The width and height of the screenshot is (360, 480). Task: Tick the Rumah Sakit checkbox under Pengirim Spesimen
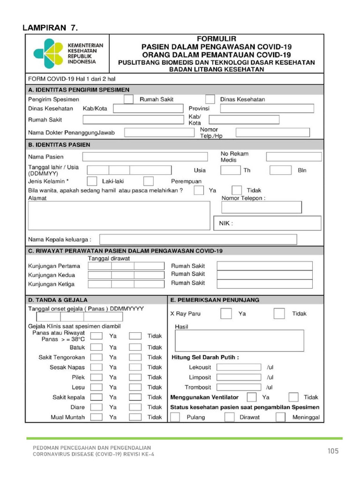click(x=128, y=99)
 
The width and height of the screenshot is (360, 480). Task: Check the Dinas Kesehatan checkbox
click(x=210, y=99)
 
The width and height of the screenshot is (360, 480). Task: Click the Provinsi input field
click(x=267, y=109)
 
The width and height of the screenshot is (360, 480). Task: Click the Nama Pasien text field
click(x=144, y=157)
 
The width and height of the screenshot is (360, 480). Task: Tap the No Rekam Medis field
click(x=294, y=157)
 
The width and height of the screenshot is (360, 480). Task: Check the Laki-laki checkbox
click(x=92, y=181)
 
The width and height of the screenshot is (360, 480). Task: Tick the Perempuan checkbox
click(x=149, y=181)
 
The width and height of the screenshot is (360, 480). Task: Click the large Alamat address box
click(x=119, y=216)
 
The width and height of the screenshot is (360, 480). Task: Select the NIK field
click(x=267, y=223)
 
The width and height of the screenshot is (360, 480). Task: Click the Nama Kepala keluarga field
click(x=198, y=240)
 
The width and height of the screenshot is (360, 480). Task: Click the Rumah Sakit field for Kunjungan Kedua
click(x=264, y=275)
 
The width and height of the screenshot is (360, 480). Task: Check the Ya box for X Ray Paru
click(x=226, y=314)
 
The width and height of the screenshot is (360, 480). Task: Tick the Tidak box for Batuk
click(x=135, y=347)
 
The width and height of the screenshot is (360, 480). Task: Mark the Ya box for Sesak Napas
click(x=97, y=367)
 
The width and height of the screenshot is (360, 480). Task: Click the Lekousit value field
click(x=239, y=367)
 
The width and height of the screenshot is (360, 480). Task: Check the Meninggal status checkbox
click(x=280, y=417)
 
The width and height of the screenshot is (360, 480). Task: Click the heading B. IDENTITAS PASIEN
click(x=60, y=145)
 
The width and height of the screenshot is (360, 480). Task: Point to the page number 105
click(x=333, y=451)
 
